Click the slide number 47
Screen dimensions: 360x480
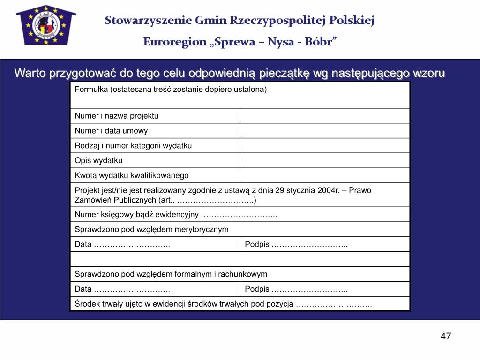pyautogui.click(x=445, y=336)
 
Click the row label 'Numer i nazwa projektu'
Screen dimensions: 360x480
pyautogui.click(x=117, y=116)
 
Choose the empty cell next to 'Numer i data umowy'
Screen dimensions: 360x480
pyautogui.click(x=325, y=131)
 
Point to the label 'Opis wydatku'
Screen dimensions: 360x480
pyautogui.click(x=98, y=160)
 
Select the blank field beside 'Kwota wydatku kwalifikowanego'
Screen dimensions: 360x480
pyautogui.click(x=325, y=175)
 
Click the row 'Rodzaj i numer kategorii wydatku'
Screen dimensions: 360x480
pyautogui.click(x=133, y=146)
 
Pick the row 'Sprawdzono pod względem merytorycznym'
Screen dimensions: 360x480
pyautogui.click(x=151, y=229)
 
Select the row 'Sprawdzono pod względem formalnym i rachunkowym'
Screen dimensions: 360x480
pyautogui.click(x=171, y=274)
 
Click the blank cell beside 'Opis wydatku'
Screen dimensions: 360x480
pyautogui.click(x=325, y=160)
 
